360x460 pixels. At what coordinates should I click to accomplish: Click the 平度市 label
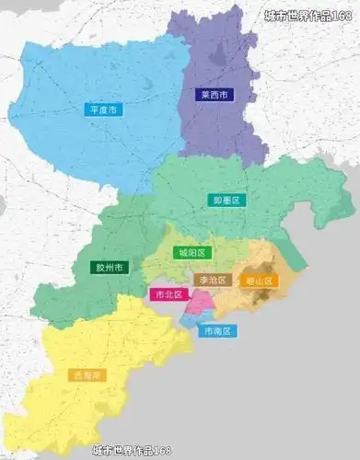[102, 109]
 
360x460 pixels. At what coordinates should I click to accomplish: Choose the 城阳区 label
[193, 252]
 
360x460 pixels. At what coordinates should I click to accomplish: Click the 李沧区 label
[210, 279]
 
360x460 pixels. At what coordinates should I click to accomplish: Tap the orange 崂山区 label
[257, 280]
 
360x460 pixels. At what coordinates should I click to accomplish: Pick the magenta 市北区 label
[168, 295]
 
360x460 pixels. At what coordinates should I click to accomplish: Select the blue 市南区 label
[218, 330]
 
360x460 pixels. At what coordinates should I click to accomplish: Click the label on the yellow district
[85, 375]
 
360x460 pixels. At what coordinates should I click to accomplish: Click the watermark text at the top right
[307, 15]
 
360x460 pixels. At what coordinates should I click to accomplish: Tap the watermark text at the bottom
[132, 451]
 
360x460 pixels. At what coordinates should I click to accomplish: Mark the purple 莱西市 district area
[221, 129]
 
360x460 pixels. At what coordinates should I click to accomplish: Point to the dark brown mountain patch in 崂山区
[265, 297]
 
